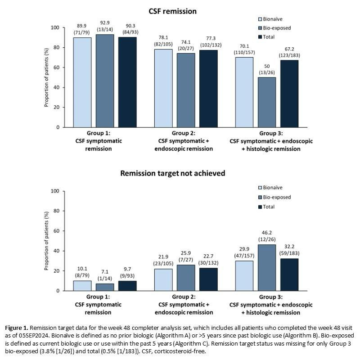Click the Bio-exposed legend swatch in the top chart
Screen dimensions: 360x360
(261, 28)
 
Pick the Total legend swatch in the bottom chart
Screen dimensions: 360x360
(261, 207)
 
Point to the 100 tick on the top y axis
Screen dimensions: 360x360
(55, 28)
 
